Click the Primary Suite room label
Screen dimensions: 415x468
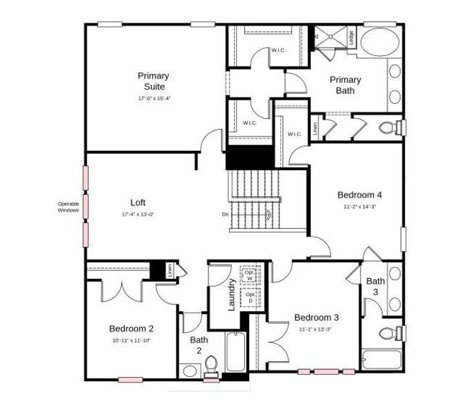pyautogui.click(x=153, y=82)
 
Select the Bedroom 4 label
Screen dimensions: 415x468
pyautogui.click(x=359, y=194)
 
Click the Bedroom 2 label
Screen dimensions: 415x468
pyautogui.click(x=131, y=329)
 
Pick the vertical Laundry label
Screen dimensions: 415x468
pyautogui.click(x=233, y=294)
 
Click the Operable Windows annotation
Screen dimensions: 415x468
pyautogui.click(x=68, y=207)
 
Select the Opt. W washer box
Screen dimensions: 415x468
pyautogui.click(x=249, y=275)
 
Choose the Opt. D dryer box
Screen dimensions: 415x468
pyautogui.click(x=249, y=298)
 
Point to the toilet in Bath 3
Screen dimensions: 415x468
pyautogui.click(x=390, y=333)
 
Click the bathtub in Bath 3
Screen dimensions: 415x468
pyautogui.click(x=381, y=360)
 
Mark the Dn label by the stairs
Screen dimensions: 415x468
pyautogui.click(x=225, y=214)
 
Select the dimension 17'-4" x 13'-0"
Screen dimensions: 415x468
pyautogui.click(x=138, y=214)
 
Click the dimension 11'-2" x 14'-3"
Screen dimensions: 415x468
pyautogui.click(x=359, y=206)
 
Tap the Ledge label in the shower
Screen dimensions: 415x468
pyautogui.click(x=352, y=37)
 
